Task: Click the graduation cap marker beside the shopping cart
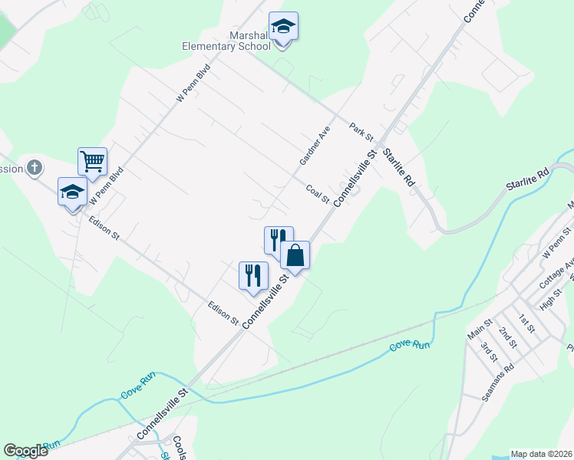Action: pyautogui.click(x=72, y=192)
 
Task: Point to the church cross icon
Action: pyautogui.click(x=35, y=167)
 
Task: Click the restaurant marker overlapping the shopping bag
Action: pyautogui.click(x=278, y=239)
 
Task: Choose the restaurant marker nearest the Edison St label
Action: pyautogui.click(x=253, y=275)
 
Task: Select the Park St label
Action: pyautogui.click(x=361, y=132)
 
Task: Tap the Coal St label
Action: pyautogui.click(x=317, y=194)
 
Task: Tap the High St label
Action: pyautogui.click(x=552, y=299)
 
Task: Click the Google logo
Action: pyautogui.click(x=25, y=451)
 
